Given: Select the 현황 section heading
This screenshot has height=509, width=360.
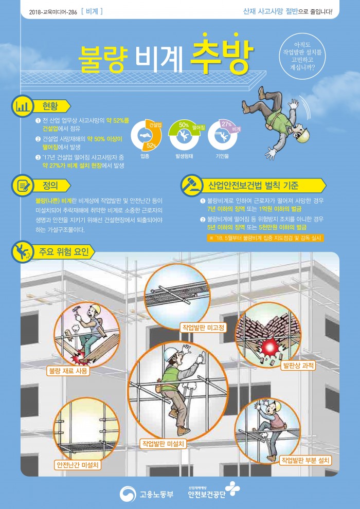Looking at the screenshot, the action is click(x=50, y=106).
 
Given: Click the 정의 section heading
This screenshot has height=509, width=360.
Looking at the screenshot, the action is click(x=50, y=186).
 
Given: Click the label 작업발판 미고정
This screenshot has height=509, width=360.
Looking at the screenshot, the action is click(x=203, y=327).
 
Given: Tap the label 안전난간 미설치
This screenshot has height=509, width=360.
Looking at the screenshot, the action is click(x=77, y=465).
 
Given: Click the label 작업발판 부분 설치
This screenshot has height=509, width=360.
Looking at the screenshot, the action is click(x=305, y=460).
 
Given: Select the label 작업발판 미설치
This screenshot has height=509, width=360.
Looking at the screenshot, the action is click(x=163, y=443).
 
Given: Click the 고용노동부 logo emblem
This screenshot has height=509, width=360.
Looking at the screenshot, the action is click(x=128, y=494).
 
